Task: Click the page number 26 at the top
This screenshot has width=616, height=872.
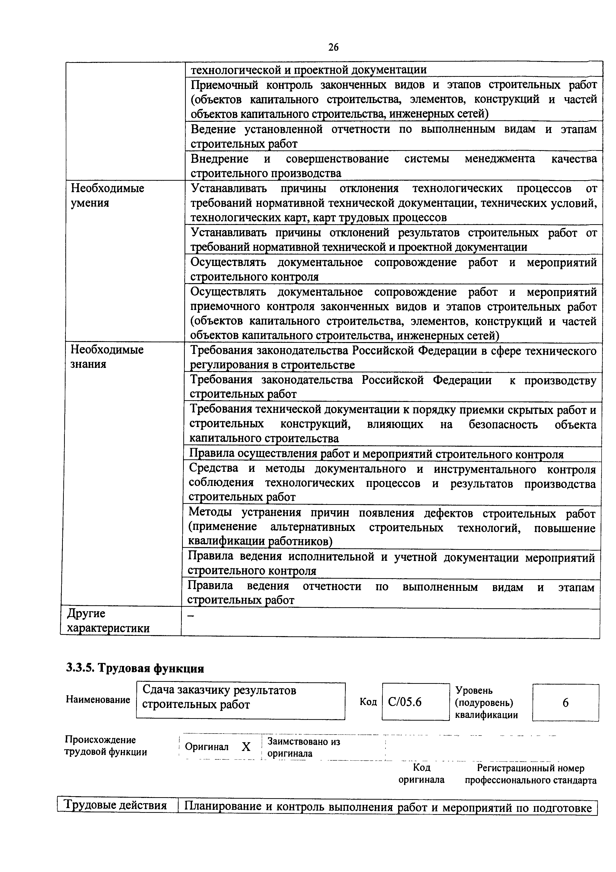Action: coord(333,47)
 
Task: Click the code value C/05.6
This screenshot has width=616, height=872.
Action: coord(405,702)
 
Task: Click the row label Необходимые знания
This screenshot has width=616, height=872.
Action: coord(107,357)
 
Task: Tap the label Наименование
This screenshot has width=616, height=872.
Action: coord(98,699)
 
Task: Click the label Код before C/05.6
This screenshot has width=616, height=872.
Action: coord(368,702)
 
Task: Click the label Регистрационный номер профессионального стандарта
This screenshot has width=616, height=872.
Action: coord(530,774)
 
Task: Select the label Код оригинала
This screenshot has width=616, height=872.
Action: coord(421,774)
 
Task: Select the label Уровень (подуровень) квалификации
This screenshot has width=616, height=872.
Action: coord(486,703)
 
